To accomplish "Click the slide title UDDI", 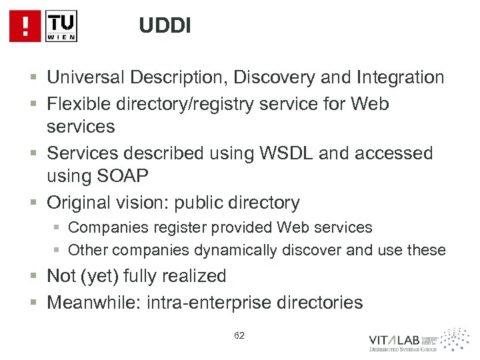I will pyautogui.click(x=165, y=26).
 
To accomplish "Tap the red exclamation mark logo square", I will pyautogui.click(x=25, y=27).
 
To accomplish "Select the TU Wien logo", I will pyautogui.click(x=61, y=27).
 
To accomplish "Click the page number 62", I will pyautogui.click(x=239, y=335).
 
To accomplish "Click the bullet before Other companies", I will pyautogui.click(x=58, y=251).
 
